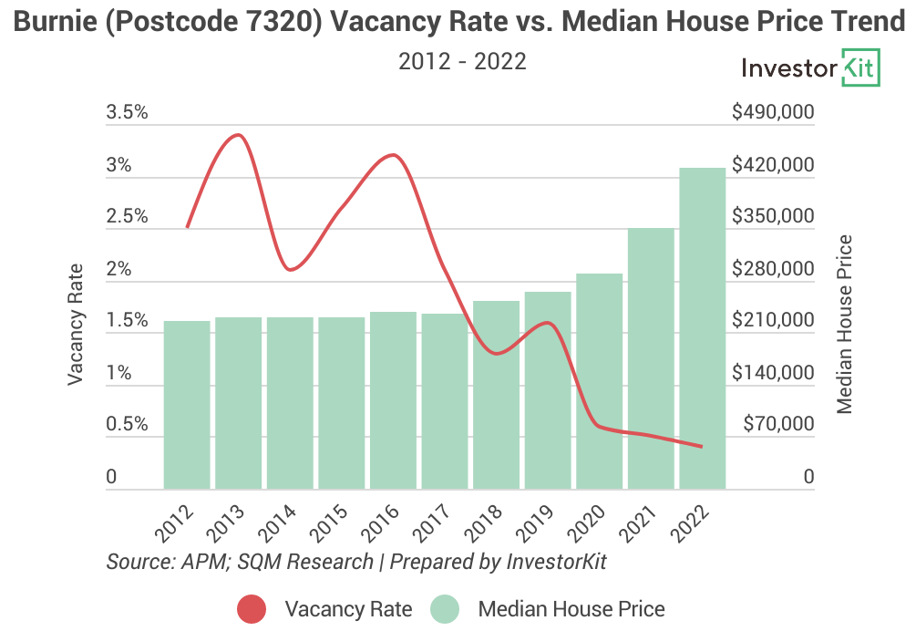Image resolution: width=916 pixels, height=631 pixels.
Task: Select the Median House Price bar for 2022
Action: pos(703,328)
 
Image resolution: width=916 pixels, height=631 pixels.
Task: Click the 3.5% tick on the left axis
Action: pos(127,113)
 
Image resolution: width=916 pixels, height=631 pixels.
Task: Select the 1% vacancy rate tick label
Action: pos(119,373)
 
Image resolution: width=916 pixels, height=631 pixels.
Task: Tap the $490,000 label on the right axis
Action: pos(772,113)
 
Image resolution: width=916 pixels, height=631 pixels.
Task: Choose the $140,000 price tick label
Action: pos(772,373)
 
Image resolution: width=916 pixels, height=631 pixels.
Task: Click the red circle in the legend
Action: pos(252,609)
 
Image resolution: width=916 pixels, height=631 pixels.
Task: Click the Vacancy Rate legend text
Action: pos(348,609)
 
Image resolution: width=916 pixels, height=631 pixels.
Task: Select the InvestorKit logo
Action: pos(810,69)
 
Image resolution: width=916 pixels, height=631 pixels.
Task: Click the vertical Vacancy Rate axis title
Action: pos(76,323)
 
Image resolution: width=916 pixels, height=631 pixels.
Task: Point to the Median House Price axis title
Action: pos(846,323)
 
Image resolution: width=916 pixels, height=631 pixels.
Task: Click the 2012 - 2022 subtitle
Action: pos(462,61)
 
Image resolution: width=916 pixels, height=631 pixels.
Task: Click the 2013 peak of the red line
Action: pos(238,136)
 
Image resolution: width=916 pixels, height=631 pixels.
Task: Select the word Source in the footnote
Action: pos(136,561)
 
